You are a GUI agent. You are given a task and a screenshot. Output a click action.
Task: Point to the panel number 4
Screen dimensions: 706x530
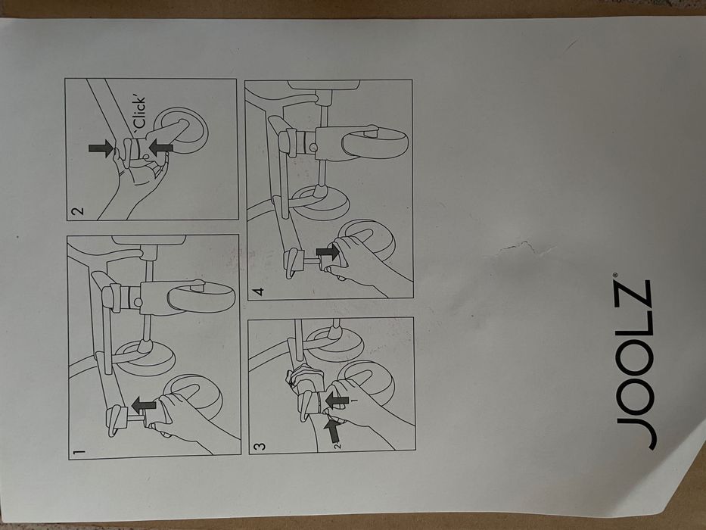coord(258,291)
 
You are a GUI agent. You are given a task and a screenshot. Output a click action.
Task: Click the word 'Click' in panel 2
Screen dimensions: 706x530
coord(141,113)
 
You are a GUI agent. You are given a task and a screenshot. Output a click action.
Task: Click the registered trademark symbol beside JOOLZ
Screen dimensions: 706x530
coord(614,274)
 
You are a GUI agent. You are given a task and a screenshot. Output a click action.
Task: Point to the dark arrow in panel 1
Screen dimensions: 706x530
coord(144,405)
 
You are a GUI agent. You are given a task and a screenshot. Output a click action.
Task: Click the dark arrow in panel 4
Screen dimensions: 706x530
coord(328,252)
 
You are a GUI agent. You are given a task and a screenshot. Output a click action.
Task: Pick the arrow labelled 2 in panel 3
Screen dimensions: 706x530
coord(332,430)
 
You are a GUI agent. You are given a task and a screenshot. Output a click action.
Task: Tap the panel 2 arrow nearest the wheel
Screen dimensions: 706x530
coord(161,147)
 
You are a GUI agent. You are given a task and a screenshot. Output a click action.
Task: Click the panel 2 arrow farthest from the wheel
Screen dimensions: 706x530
coord(101,148)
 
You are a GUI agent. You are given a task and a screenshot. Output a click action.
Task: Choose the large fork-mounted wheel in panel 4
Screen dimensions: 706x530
coord(375,143)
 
